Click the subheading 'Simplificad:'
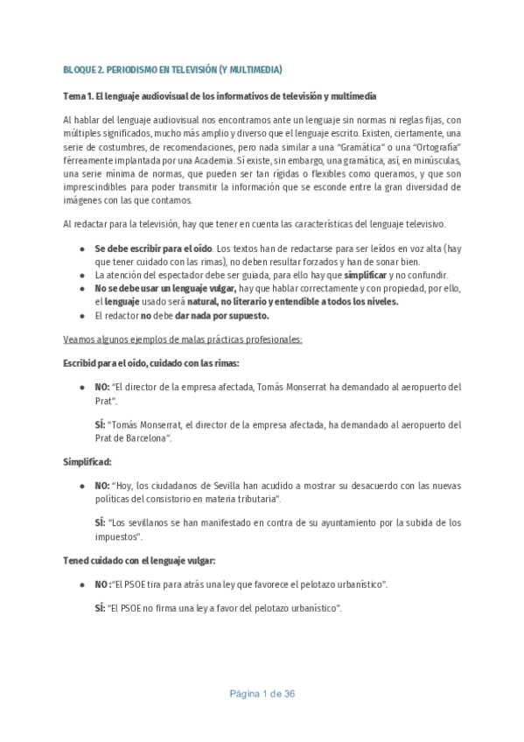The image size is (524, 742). (87, 460)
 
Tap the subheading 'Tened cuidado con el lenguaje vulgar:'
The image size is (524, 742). (138, 559)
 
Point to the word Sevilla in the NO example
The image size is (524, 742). (219, 485)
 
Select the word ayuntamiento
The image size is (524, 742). (342, 522)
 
